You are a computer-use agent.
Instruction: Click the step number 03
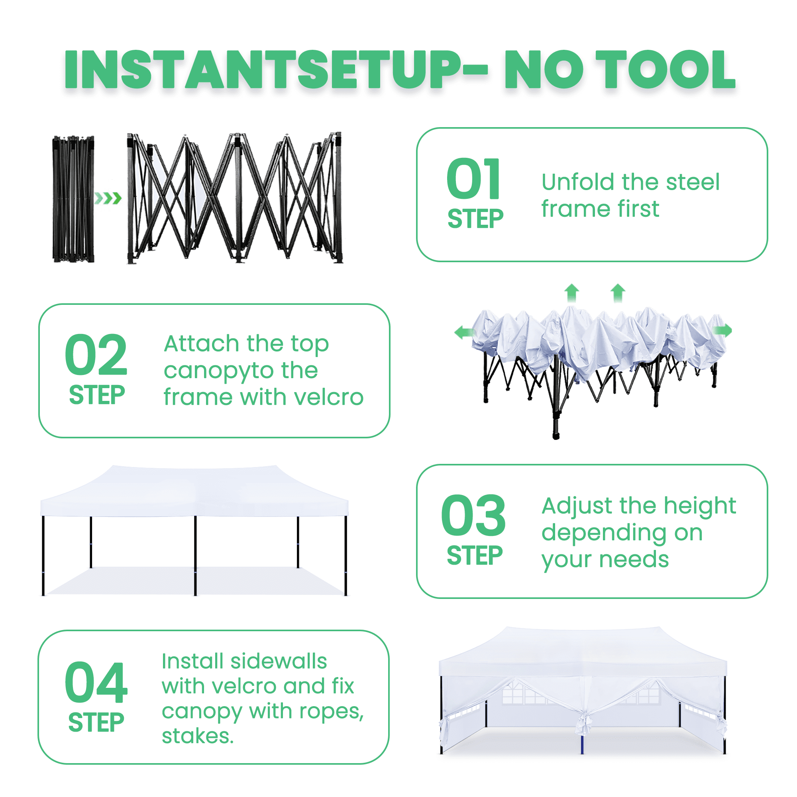point(473,515)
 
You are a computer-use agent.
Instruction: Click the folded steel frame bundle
point(73,199)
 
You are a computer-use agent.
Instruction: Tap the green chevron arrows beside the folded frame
point(108,198)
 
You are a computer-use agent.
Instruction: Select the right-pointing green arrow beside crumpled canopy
point(722,330)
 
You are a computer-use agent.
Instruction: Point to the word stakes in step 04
point(197,736)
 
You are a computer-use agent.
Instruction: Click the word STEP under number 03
point(474,556)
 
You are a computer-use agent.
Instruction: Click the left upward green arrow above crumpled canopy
point(571,293)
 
